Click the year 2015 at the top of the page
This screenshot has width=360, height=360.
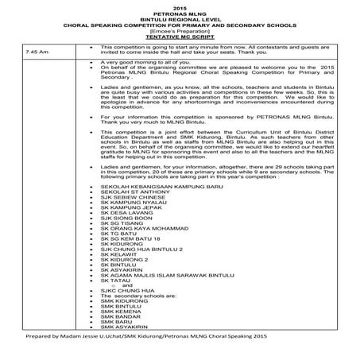point(179,7)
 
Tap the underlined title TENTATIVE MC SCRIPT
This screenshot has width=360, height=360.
point(179,38)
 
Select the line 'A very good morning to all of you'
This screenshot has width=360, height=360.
point(143,61)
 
